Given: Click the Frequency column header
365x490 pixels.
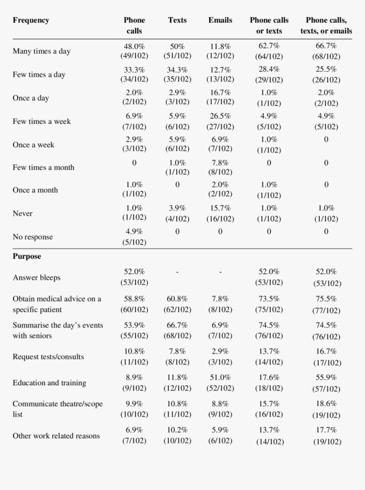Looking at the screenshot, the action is [31, 20].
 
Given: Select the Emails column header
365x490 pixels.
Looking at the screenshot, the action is [220, 20].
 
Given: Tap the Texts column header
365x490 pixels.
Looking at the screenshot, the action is [177, 20].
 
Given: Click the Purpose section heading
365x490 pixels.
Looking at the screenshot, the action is [27, 257].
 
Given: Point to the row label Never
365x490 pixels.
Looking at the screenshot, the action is [22, 213].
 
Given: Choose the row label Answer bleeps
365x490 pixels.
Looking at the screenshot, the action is [36, 278].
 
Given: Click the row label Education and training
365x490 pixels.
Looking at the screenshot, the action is [49, 383].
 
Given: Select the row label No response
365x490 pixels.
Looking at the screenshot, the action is [33, 237].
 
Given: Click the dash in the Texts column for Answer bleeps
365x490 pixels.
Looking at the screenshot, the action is [177, 272].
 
